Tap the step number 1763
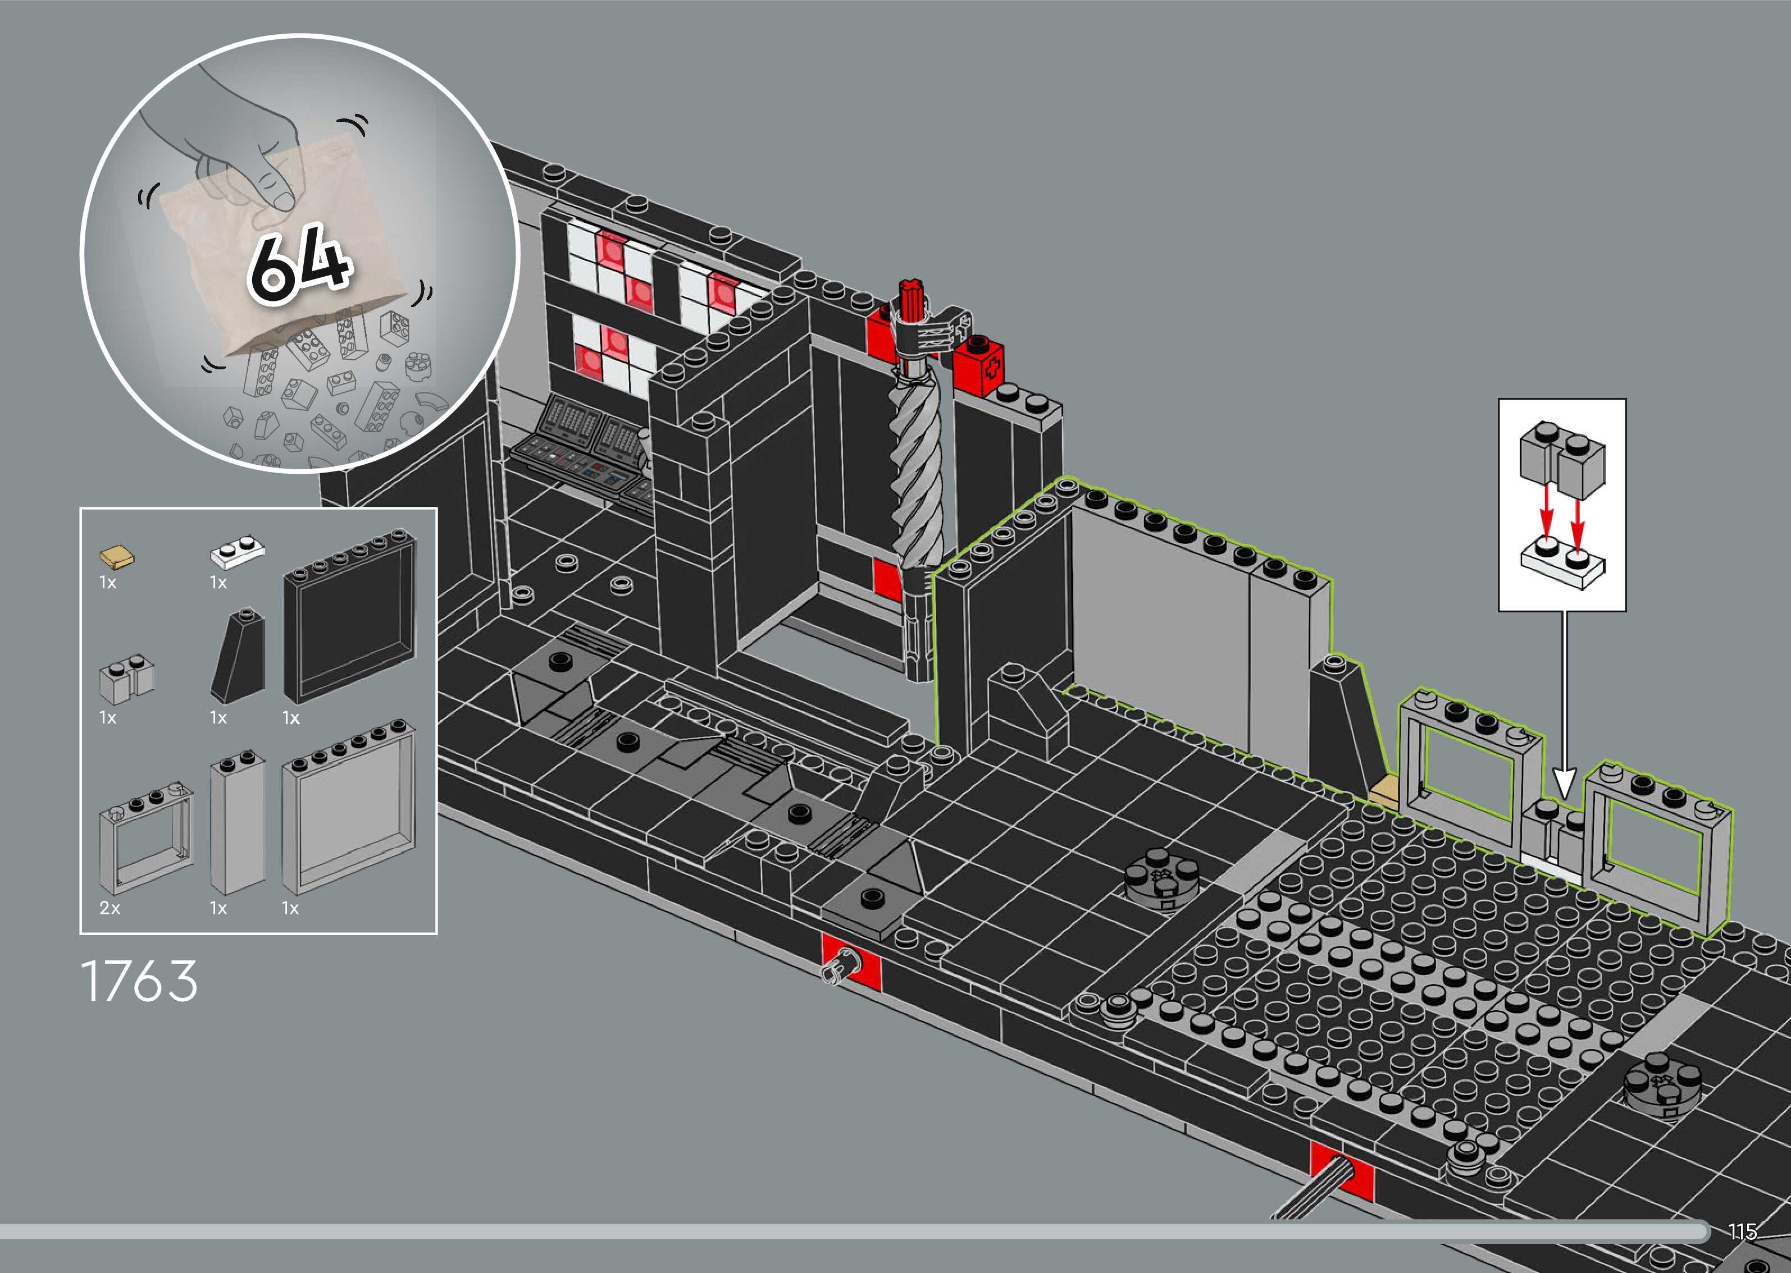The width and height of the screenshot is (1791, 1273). [x=140, y=981]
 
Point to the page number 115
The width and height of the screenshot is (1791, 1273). [x=1742, y=1231]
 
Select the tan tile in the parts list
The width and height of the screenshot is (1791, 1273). [x=116, y=557]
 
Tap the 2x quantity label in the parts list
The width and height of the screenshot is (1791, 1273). [x=110, y=908]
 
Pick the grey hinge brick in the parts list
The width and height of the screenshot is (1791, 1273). [x=126, y=680]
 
